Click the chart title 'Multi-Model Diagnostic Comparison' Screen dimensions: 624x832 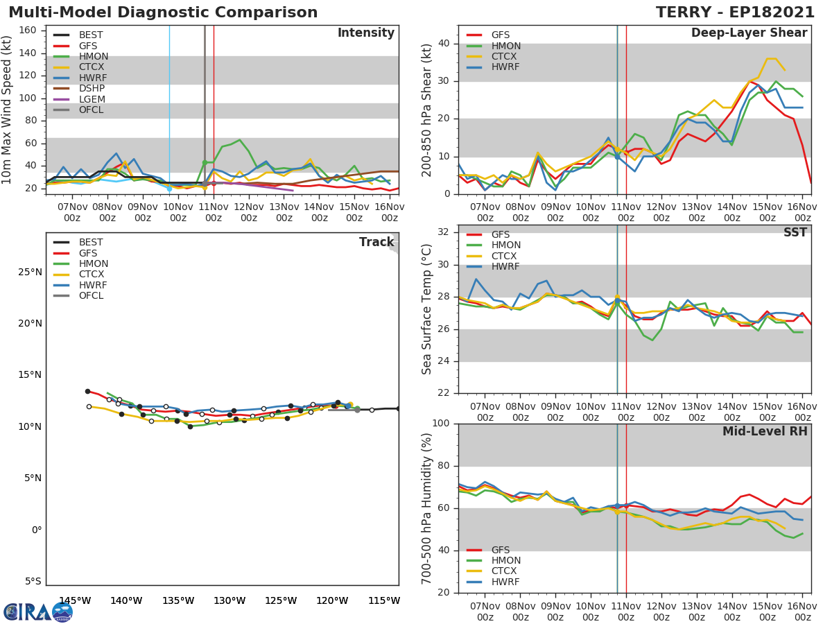pos(163,12)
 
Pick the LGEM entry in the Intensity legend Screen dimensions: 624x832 pos(92,99)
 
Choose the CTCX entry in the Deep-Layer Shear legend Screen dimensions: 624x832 pos(505,56)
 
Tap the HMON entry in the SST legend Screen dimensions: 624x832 pos(505,245)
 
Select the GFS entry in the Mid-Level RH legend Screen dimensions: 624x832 pos(500,550)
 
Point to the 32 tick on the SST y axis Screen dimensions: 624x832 pos(445,232)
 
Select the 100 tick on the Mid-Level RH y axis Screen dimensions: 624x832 pos(442,424)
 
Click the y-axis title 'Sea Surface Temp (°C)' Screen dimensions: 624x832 pos(427,309)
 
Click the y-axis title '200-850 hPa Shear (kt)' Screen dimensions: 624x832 pos(427,110)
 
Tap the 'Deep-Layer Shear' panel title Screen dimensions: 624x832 pos(749,33)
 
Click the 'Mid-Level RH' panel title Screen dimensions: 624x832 pos(765,431)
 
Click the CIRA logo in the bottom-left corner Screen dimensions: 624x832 pos(38,612)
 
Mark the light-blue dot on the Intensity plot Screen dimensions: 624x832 pos(169,189)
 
